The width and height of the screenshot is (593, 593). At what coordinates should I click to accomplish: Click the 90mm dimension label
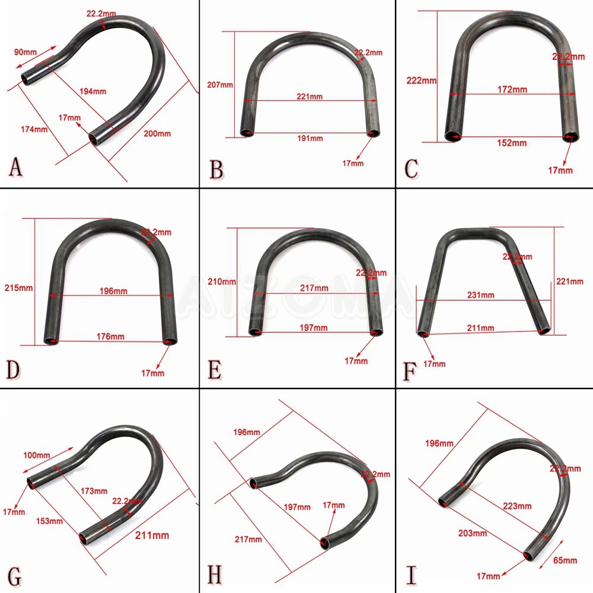(x=24, y=52)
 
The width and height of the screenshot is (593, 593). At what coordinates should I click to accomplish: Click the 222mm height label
(x=421, y=81)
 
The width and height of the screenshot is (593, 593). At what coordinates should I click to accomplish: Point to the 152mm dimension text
(x=511, y=143)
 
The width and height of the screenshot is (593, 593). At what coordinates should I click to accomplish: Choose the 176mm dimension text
(x=110, y=336)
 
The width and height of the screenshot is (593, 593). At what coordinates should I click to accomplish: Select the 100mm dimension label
(x=37, y=455)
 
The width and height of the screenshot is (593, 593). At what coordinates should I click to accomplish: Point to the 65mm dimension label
(x=565, y=560)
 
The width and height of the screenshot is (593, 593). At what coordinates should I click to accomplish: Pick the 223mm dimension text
(x=517, y=506)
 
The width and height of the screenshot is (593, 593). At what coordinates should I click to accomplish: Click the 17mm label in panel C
(x=560, y=170)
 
